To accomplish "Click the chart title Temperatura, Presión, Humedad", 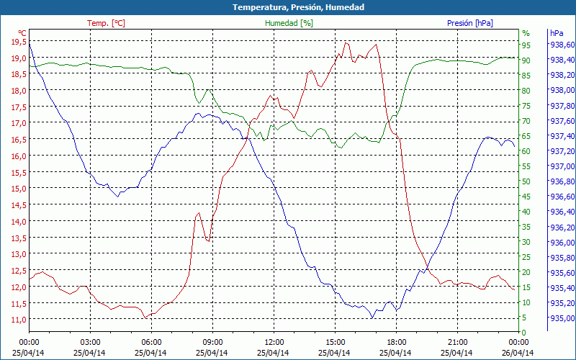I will (x=288, y=7).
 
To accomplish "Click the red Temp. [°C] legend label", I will (x=106, y=23).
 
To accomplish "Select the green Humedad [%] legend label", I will (x=289, y=23).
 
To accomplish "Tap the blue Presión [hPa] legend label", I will (x=469, y=23).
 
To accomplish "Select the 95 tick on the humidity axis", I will (x=526, y=45).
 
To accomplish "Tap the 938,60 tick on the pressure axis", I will (x=562, y=45).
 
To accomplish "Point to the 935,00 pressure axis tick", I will (x=562, y=318).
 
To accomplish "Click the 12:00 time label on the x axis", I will (x=274, y=342).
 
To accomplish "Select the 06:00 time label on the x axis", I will (x=151, y=342).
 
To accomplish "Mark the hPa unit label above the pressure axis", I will (x=557, y=33).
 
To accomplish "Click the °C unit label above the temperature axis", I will (x=22, y=33).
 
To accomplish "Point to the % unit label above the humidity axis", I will (x=526, y=33).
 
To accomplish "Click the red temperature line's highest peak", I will (x=346, y=42).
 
